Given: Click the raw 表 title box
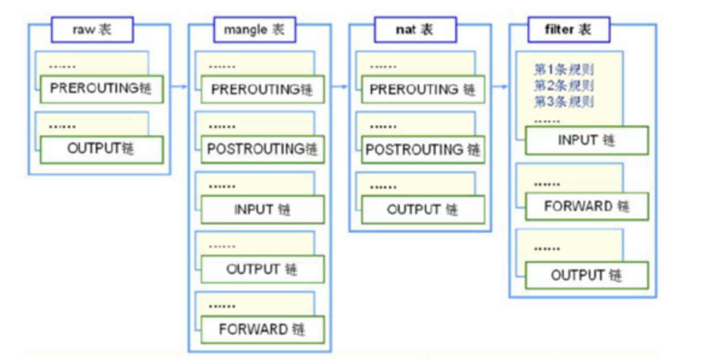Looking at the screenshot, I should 92,30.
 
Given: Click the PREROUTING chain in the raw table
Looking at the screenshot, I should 100,89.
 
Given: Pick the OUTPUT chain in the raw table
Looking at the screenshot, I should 100,149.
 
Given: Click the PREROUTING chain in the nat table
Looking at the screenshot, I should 422,90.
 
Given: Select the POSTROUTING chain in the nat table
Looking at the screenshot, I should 422,150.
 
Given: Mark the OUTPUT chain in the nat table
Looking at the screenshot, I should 422,210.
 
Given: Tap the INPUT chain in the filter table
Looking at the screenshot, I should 586,141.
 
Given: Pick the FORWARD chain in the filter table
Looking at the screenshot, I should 586,207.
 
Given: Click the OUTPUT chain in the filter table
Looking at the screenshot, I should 586,276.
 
